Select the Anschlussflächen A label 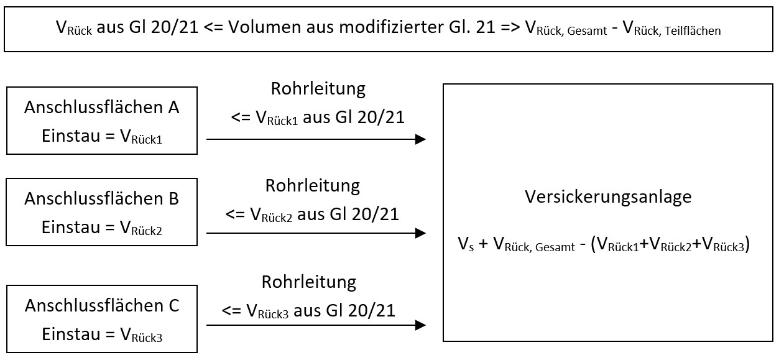click(x=101, y=108)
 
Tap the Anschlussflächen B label click(x=101, y=199)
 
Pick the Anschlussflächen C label click(x=102, y=306)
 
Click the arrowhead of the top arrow click(x=420, y=139)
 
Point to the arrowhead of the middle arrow click(x=420, y=233)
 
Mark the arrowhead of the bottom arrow click(x=420, y=325)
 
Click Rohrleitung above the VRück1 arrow click(x=318, y=89)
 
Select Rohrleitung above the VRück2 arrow click(x=313, y=186)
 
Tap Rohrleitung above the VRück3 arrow click(x=309, y=282)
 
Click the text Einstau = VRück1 click(x=102, y=136)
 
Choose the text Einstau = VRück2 click(x=102, y=228)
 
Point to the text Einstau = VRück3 click(x=102, y=335)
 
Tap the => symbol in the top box click(x=510, y=27)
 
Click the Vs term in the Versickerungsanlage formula click(x=466, y=244)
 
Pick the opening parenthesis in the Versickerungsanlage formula click(x=594, y=244)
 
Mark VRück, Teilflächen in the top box click(x=671, y=29)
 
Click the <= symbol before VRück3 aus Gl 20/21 click(x=231, y=311)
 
